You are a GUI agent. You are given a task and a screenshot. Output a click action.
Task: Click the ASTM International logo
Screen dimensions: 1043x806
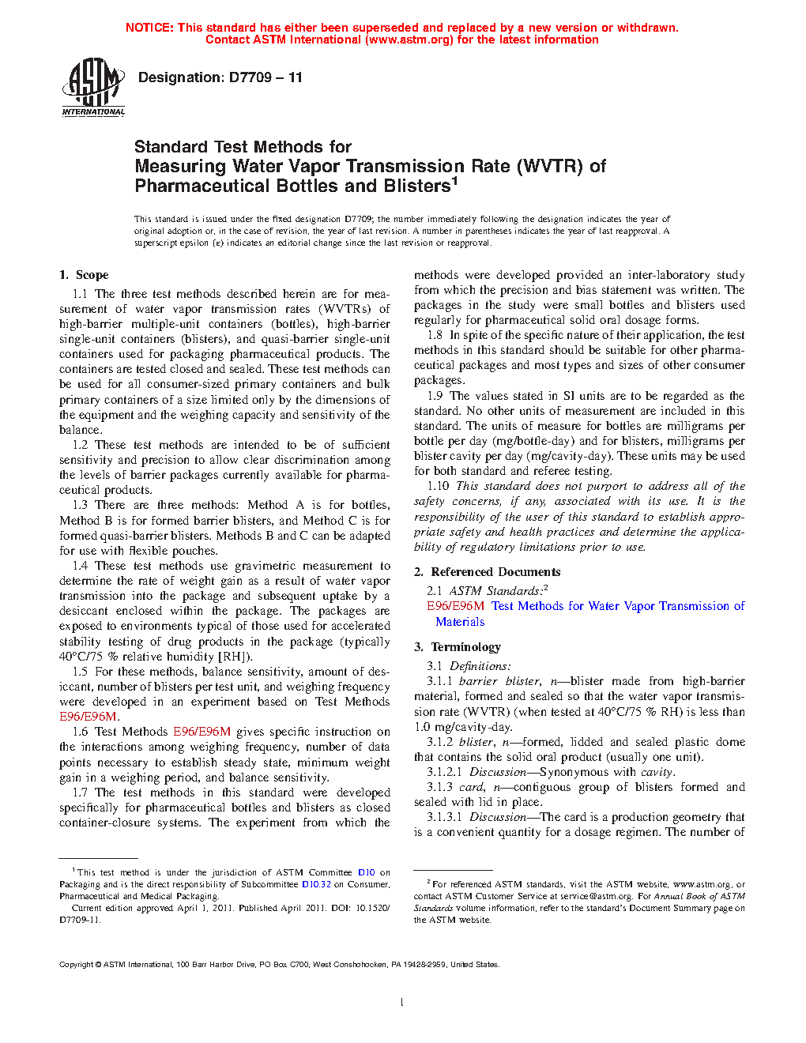point(93,87)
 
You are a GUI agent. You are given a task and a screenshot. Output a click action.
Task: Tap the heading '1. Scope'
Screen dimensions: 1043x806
point(84,275)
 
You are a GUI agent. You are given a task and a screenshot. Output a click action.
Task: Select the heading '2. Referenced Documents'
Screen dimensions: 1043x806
point(488,572)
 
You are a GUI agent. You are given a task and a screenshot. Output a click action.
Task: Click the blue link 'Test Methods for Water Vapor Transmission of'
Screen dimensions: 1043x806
point(617,606)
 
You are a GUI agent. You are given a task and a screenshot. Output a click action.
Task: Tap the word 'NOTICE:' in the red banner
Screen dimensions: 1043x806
point(149,28)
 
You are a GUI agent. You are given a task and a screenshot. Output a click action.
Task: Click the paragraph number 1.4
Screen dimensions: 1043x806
point(80,566)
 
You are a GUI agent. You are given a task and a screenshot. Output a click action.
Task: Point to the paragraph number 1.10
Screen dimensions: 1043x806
point(438,487)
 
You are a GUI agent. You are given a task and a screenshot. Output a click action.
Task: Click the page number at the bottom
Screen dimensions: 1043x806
point(402,1002)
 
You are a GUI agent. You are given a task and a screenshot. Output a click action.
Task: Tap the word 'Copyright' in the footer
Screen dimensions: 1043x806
point(77,964)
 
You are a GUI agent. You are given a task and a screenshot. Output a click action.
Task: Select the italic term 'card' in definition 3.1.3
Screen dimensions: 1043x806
point(472,787)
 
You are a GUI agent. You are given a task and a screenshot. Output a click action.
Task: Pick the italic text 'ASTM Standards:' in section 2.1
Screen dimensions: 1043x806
point(496,591)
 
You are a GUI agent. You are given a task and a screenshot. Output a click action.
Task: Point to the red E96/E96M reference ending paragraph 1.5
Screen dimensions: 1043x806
point(89,717)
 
